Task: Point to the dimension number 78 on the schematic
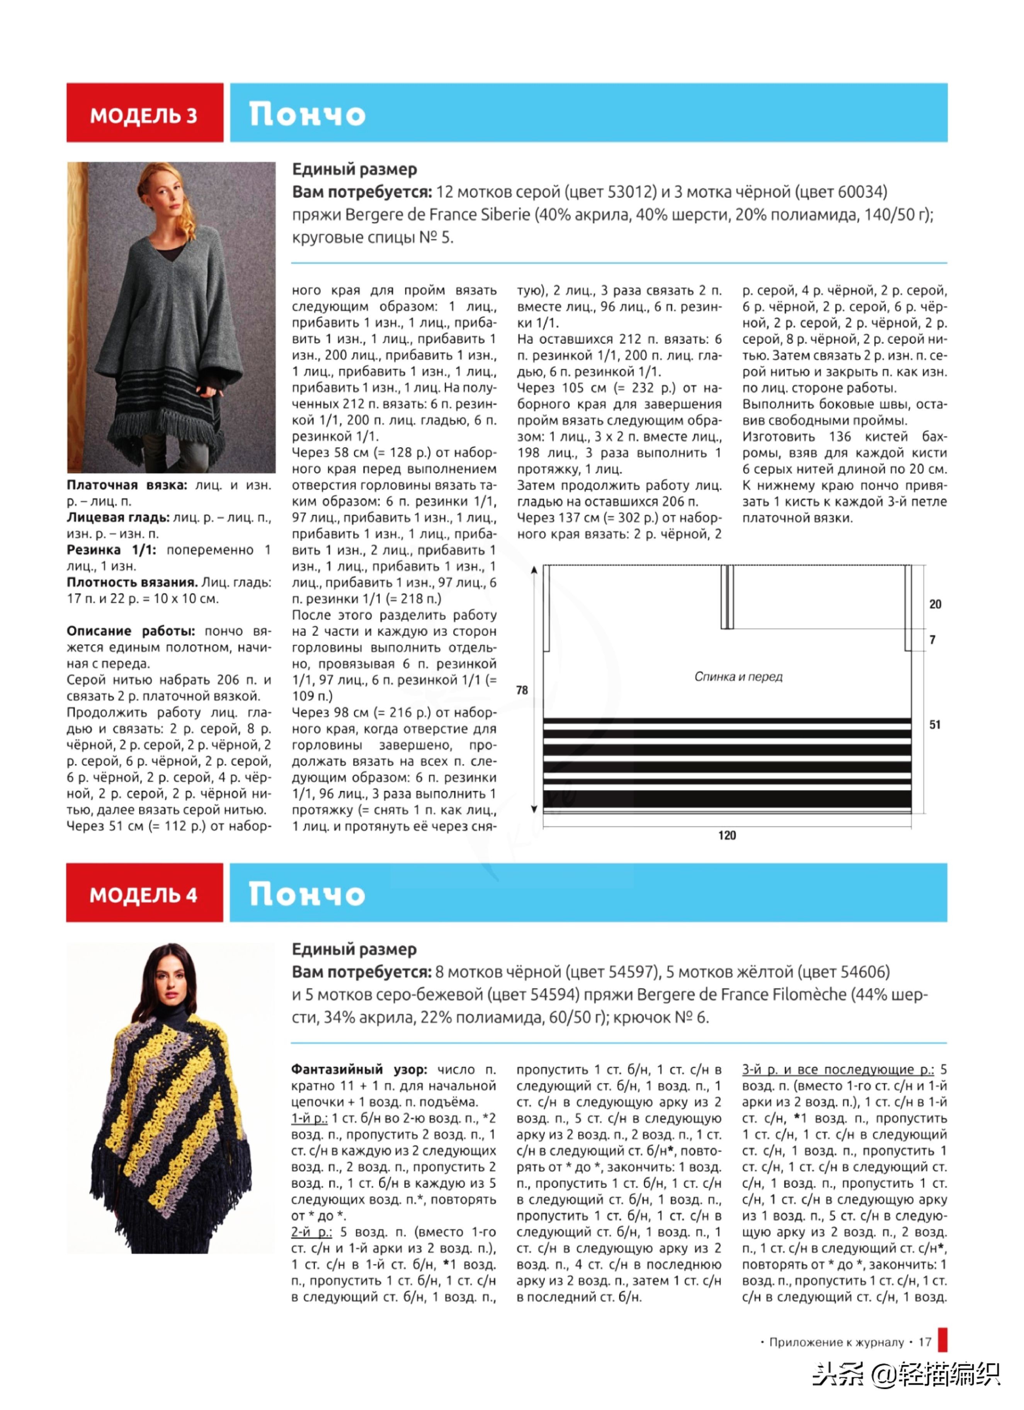pyautogui.click(x=522, y=690)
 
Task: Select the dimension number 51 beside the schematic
pyautogui.click(x=934, y=724)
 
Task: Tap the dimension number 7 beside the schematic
pyautogui.click(x=932, y=639)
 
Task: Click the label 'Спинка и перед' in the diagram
pyautogui.click(x=738, y=676)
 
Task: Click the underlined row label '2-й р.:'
pyautogui.click(x=311, y=1232)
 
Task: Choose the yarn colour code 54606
pyautogui.click(x=861, y=972)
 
